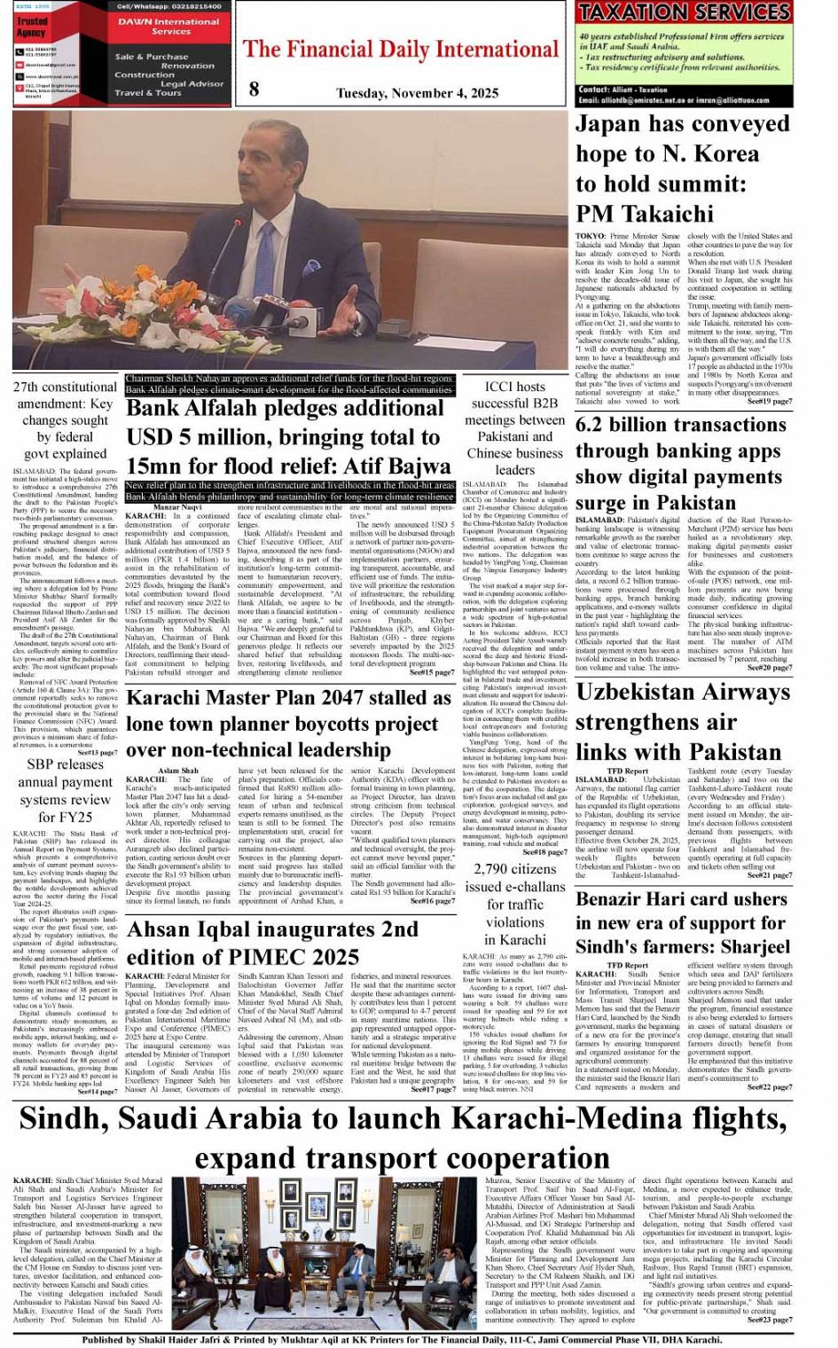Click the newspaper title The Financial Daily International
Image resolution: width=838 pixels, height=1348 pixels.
tap(401, 49)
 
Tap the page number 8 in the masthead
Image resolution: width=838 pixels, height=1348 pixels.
tap(255, 89)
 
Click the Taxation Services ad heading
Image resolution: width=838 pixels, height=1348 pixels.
tap(683, 12)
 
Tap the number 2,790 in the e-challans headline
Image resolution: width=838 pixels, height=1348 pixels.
tap(491, 869)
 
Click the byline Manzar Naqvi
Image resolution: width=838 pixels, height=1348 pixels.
tap(177, 506)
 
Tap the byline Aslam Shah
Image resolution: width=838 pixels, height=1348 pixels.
tap(178, 771)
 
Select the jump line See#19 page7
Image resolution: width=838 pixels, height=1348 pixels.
tap(769, 402)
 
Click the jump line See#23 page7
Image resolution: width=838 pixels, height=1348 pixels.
tap(769, 1320)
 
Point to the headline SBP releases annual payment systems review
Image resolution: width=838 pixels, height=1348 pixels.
tap(66, 790)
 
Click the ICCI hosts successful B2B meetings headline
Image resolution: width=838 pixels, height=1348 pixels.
tap(514, 427)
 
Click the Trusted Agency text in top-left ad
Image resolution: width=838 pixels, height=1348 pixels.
tap(32, 26)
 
